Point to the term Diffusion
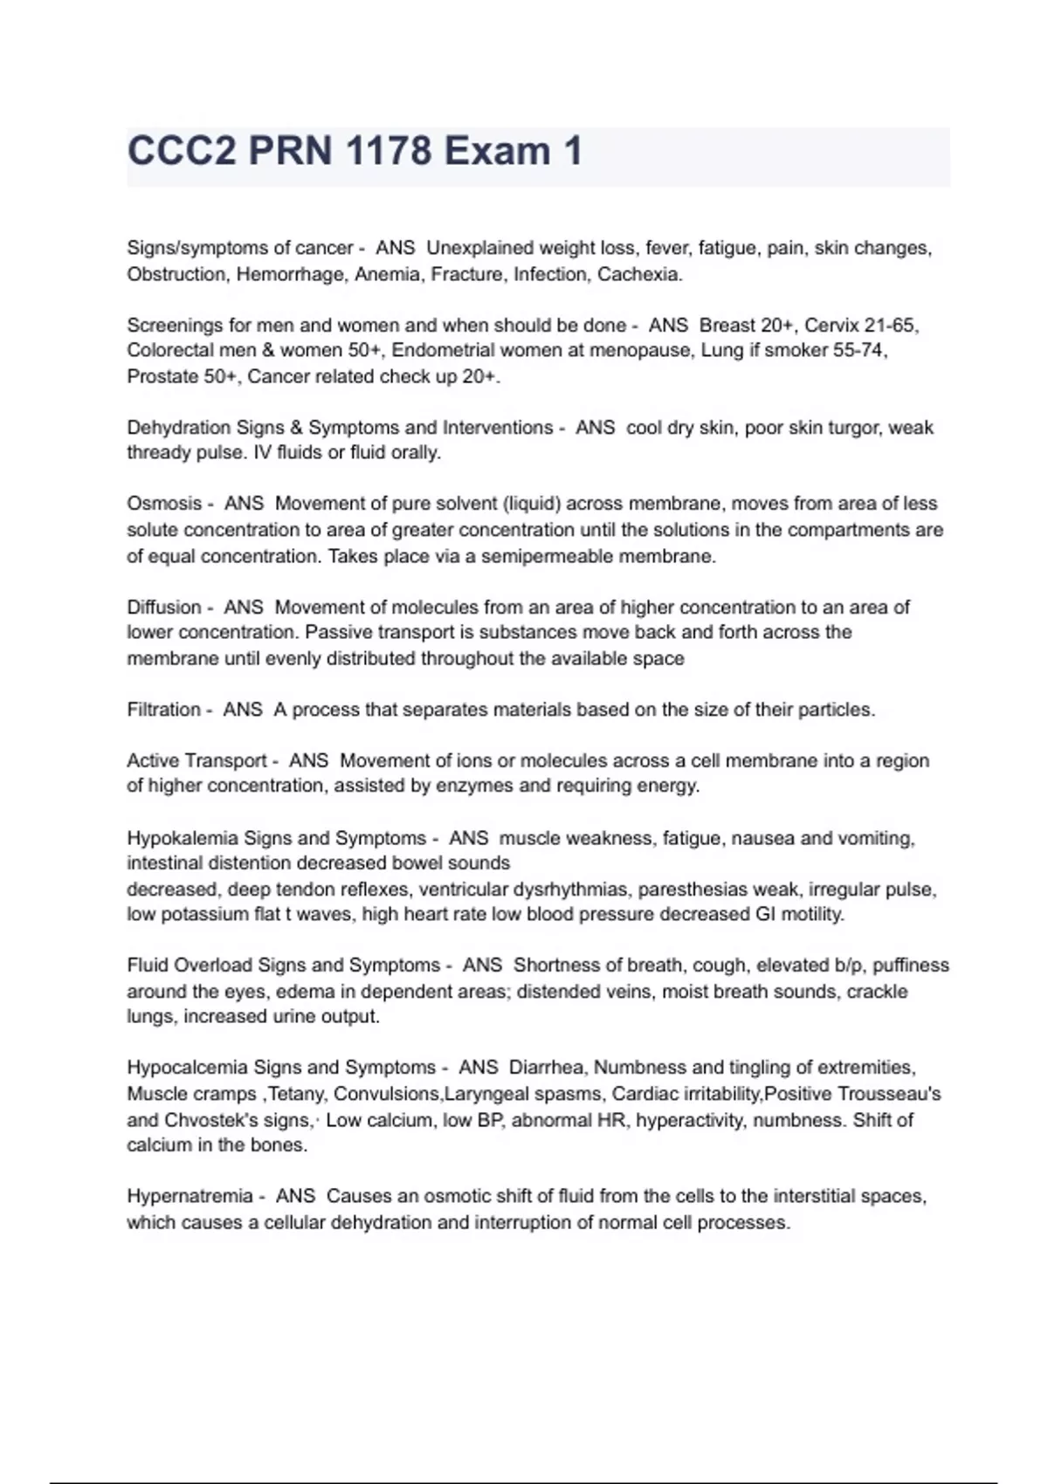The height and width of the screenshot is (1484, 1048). tap(164, 607)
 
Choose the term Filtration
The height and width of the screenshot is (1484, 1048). tap(163, 710)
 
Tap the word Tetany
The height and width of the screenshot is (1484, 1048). tap(298, 1094)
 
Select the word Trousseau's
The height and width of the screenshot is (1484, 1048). tap(888, 1094)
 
